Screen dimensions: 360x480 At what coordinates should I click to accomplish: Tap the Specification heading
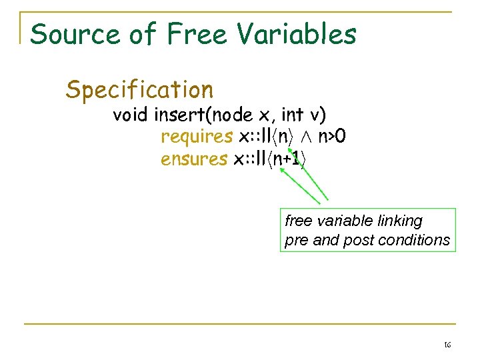(x=139, y=89)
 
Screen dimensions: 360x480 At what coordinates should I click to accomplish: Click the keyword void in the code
(x=131, y=115)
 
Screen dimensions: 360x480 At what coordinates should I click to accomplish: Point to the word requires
(x=197, y=137)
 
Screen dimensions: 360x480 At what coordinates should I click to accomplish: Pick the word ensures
(x=194, y=159)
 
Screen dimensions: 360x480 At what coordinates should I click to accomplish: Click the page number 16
(x=447, y=345)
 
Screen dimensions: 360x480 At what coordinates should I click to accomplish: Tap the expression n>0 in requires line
(x=331, y=137)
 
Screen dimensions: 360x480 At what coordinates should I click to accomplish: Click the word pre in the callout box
(x=297, y=240)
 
